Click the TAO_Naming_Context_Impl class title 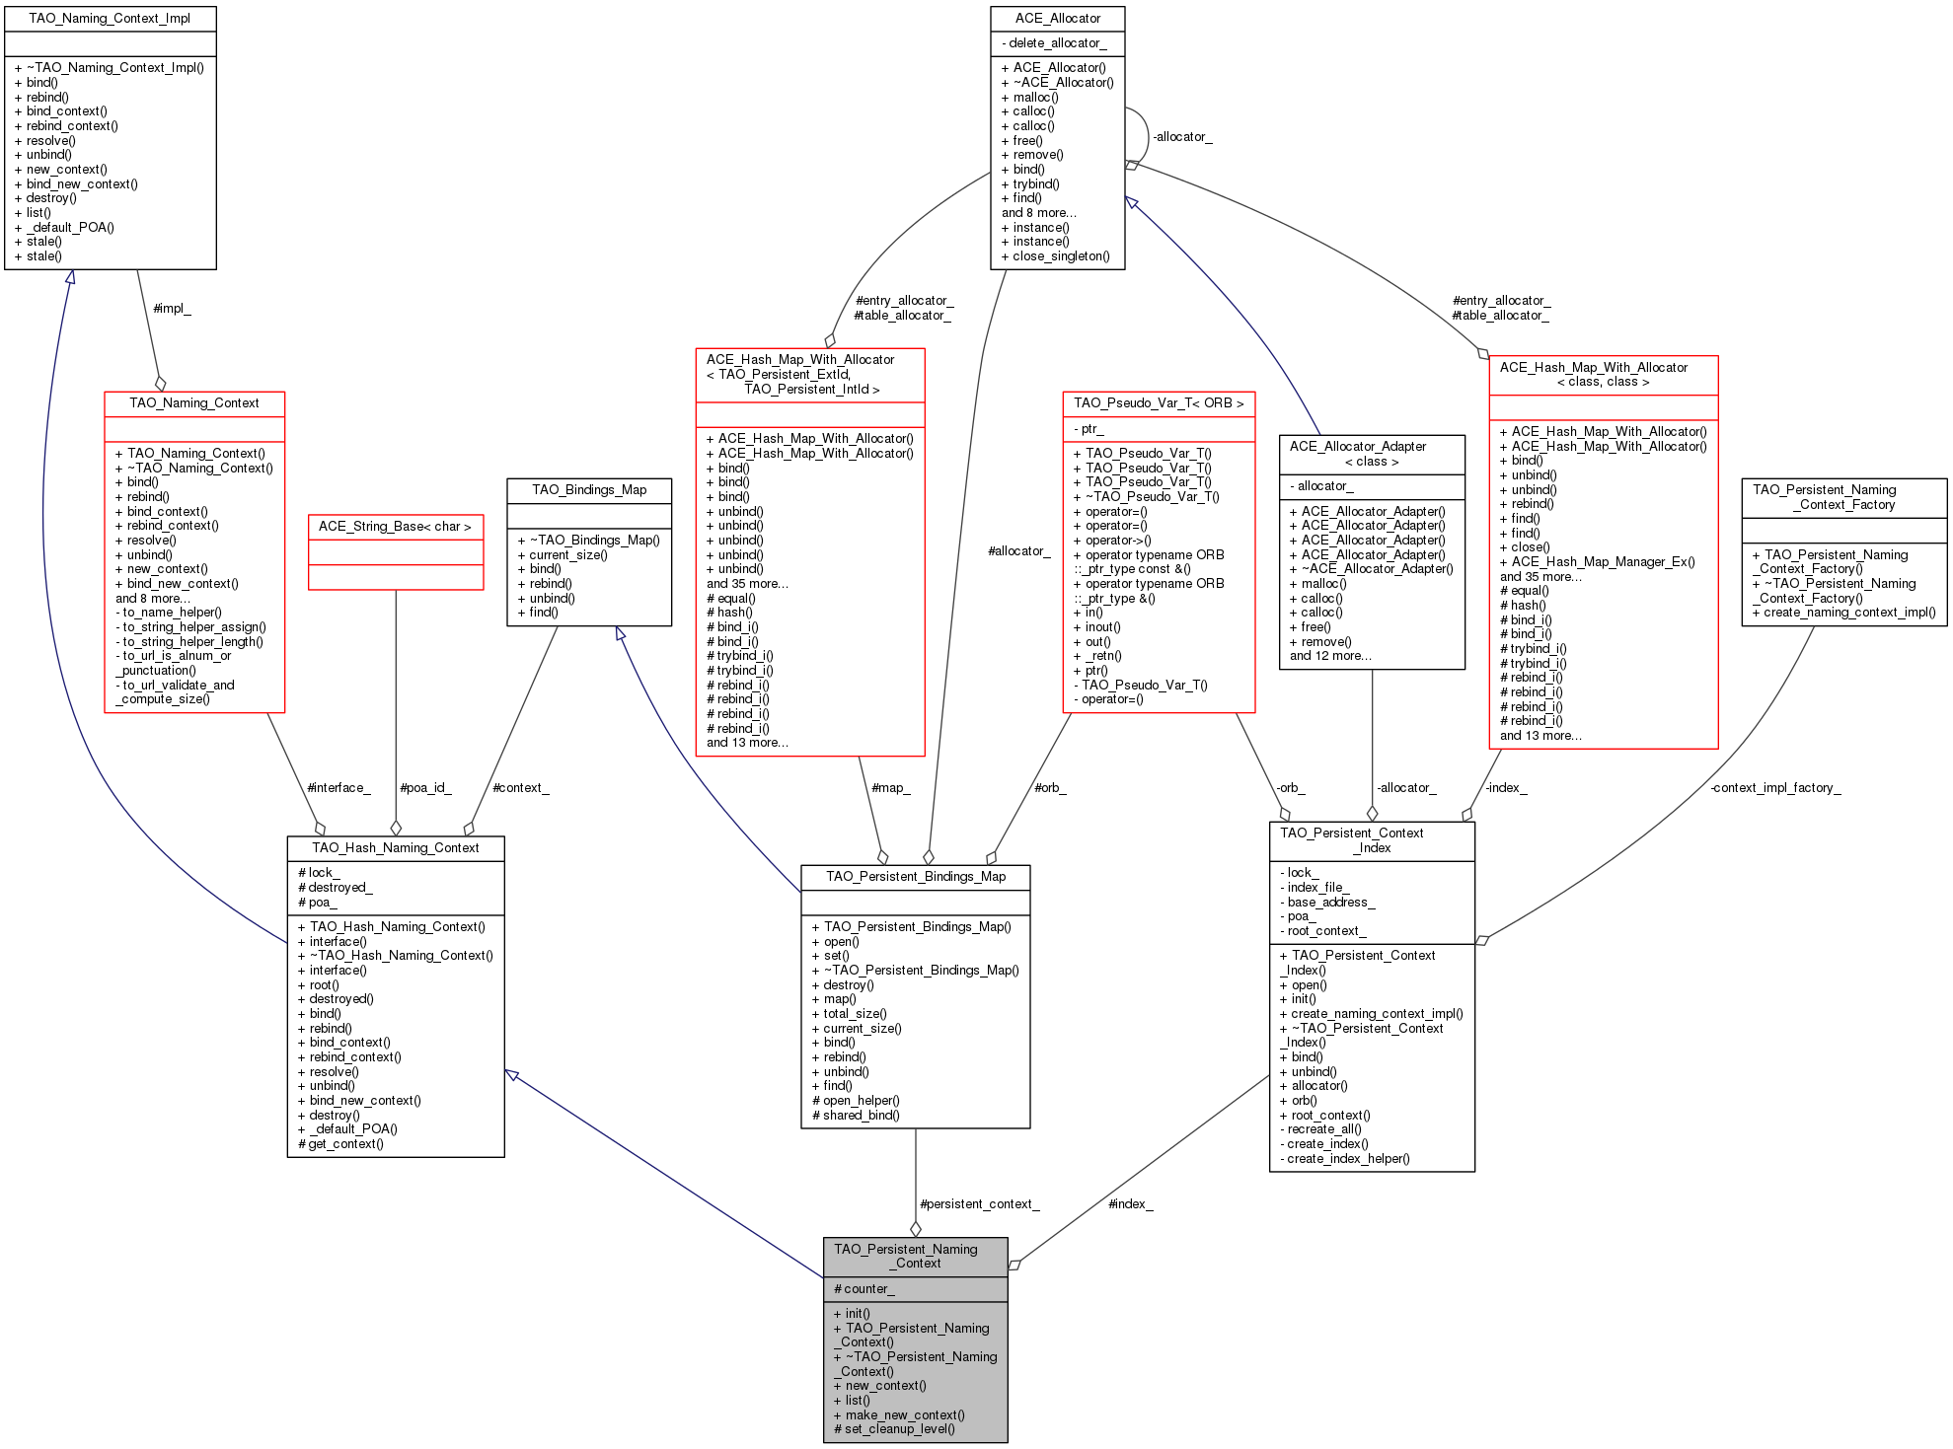[110, 19]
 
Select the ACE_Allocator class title [1057, 19]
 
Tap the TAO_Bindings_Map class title [589, 490]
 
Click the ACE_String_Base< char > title [395, 527]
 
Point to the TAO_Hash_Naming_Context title [395, 848]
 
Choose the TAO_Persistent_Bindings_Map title [916, 877]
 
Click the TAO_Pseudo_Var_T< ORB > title [1159, 403]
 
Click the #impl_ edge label [172, 309]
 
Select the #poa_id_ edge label [425, 788]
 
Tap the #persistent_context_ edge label [979, 1204]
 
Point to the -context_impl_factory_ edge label [1775, 788]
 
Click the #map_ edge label [890, 788]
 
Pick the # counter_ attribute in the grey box [864, 1289]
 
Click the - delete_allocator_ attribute [1054, 43]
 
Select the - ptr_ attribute [1089, 429]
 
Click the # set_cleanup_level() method [894, 1429]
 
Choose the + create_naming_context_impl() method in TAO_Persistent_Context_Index [1371, 1014]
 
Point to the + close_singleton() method [1055, 256]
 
